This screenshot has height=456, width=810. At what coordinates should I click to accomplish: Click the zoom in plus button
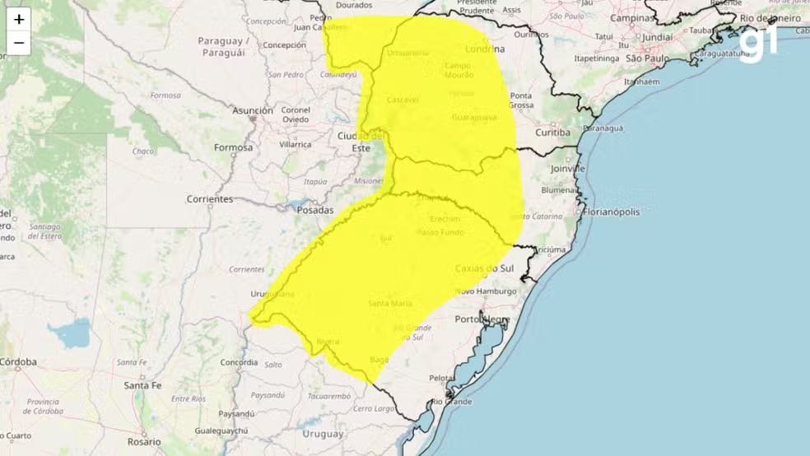(19, 19)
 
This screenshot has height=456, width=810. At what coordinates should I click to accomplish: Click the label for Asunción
(252, 110)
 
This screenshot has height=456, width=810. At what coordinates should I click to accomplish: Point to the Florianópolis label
(617, 212)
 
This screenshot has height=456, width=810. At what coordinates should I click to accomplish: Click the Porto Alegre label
(482, 319)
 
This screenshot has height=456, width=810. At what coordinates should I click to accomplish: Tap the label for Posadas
(316, 210)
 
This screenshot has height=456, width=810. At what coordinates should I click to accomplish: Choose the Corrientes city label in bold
(209, 199)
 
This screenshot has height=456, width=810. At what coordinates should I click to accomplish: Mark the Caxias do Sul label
(484, 269)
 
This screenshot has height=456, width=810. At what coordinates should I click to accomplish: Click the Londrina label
(483, 48)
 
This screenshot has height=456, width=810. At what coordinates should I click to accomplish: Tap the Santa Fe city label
(142, 384)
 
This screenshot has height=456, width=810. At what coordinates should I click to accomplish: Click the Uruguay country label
(322, 433)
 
